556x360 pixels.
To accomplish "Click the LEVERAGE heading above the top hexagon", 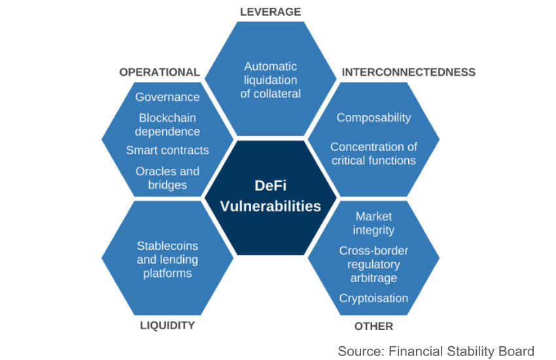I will point(270,12).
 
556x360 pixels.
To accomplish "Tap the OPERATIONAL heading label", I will point(159,72).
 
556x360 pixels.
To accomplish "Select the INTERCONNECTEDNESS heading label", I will point(408,72).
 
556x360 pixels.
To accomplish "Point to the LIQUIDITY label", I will point(167,325).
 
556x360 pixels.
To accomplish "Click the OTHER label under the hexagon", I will point(374,325).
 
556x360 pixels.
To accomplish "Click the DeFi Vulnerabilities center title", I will point(270,196).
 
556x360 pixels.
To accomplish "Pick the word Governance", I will point(167,97).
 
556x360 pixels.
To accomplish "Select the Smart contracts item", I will point(167,150).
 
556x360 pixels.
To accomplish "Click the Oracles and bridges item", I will point(167,178).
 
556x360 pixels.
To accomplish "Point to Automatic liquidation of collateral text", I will point(270,80).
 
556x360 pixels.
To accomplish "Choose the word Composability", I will point(374,118).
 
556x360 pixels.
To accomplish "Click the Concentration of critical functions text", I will point(374,153).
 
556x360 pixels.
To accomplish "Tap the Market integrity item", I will point(374,223).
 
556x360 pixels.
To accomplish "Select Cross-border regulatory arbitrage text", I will point(374,264).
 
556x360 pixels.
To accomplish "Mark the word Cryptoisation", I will point(374,298).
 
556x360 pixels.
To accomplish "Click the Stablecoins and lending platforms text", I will point(167,259).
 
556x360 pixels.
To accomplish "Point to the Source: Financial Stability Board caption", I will point(436,350).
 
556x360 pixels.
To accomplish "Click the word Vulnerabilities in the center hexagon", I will point(270,206).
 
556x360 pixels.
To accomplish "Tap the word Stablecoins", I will point(167,246).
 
